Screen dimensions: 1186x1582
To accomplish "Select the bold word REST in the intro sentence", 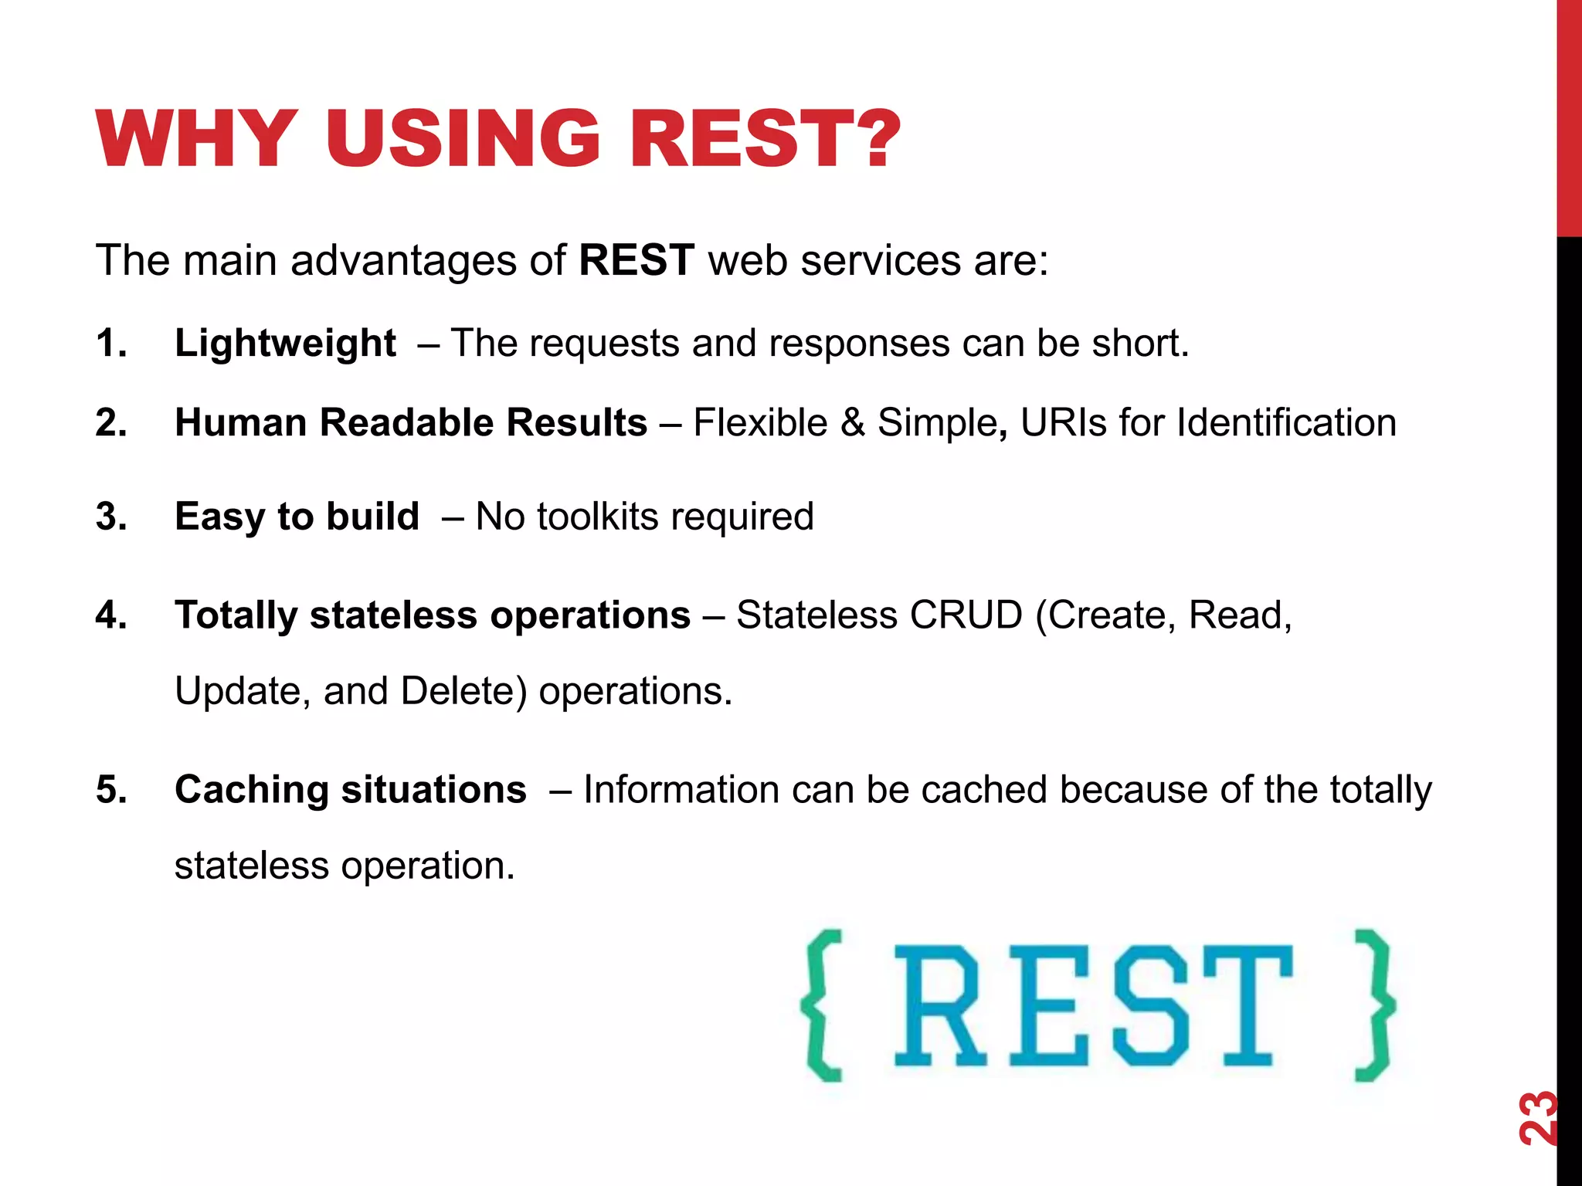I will click(x=637, y=260).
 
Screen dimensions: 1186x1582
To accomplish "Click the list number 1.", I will click(x=111, y=343).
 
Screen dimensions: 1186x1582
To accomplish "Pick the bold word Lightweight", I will click(x=285, y=344).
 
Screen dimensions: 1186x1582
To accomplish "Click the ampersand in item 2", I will click(x=853, y=423).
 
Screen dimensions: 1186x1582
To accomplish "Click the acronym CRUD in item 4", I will click(x=966, y=615).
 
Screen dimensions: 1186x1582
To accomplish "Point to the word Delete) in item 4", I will click(x=463, y=691).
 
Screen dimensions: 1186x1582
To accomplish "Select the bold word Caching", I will click(x=251, y=791).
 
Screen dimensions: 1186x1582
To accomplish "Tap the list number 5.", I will click(x=111, y=790).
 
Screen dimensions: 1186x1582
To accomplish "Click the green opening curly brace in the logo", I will click(x=823, y=1005).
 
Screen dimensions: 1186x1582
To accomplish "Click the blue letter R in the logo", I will click(x=939, y=1005).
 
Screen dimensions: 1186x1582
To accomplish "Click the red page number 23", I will click(x=1537, y=1117).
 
